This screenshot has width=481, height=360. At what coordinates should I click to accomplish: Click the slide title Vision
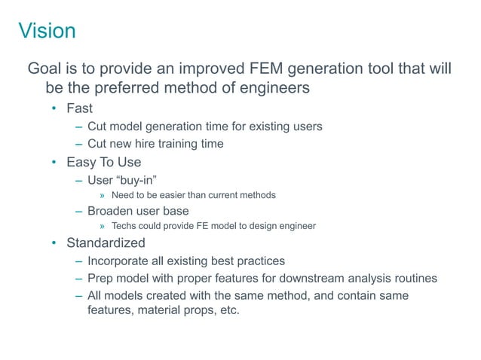tap(47, 31)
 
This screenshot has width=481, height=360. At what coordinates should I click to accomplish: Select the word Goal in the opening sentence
tap(45, 70)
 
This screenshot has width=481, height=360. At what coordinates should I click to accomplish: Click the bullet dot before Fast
tap(54, 108)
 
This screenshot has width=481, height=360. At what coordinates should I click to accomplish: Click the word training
tap(170, 144)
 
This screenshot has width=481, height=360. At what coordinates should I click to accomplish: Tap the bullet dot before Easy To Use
tap(54, 163)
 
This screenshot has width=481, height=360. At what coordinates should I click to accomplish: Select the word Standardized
tap(106, 243)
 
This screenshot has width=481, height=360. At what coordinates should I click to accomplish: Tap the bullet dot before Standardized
tap(54, 243)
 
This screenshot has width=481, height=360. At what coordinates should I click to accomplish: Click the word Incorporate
tap(120, 261)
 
